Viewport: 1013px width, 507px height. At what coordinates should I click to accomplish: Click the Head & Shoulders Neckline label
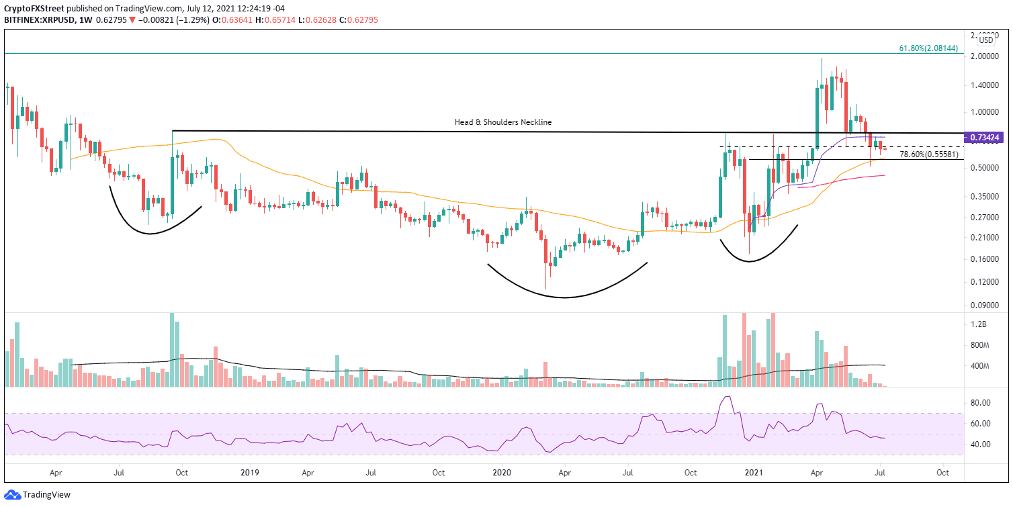coord(502,122)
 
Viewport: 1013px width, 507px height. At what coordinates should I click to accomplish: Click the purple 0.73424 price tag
coord(986,138)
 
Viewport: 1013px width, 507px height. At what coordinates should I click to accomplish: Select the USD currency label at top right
coord(986,40)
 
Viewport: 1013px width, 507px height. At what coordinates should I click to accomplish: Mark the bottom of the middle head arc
coord(563,297)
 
